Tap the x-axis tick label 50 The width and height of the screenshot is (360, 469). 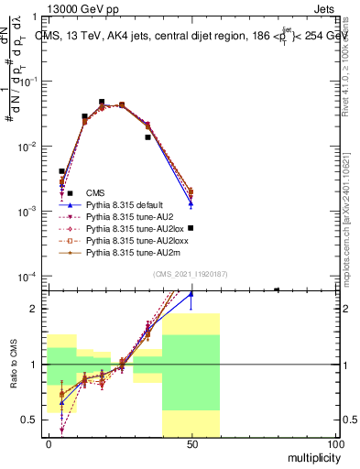point(191,443)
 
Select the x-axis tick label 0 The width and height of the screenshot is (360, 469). point(49,443)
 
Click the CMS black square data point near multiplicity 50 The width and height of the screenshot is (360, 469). point(191,228)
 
